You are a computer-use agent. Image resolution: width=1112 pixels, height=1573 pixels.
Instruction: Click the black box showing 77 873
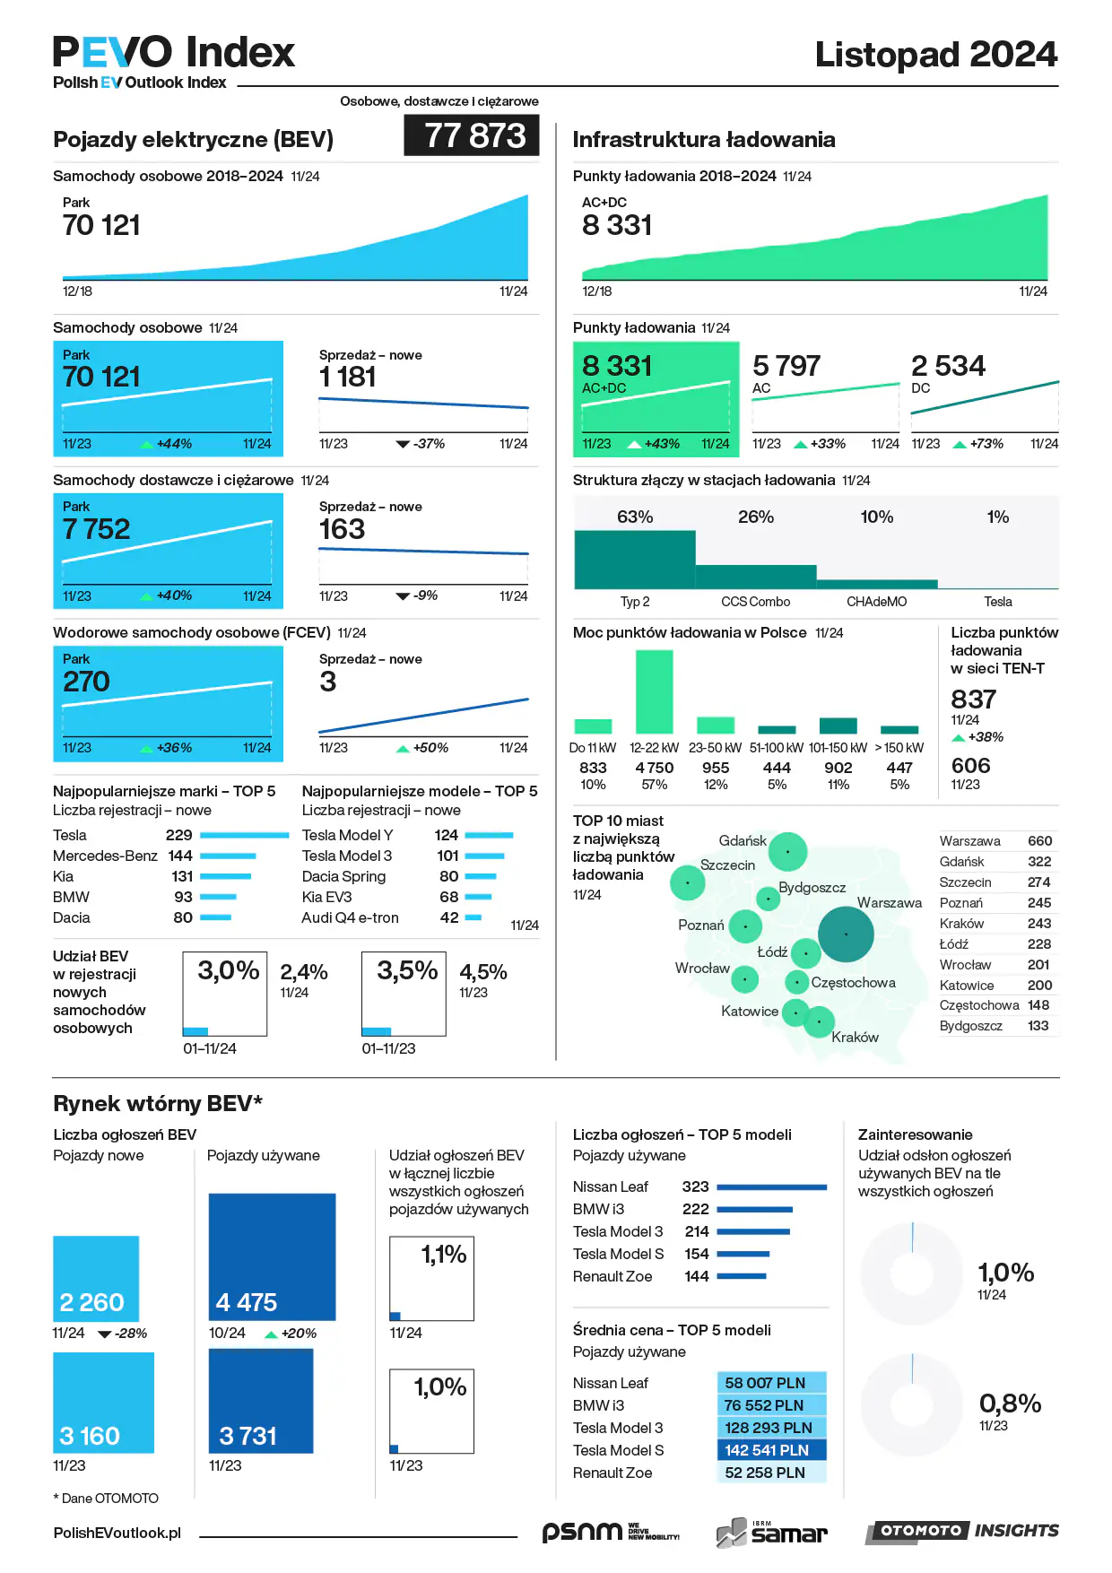coord(472,136)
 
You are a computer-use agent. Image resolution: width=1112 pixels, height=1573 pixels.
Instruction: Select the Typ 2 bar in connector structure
coord(635,560)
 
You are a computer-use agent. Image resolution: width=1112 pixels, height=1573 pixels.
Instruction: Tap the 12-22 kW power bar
coord(654,691)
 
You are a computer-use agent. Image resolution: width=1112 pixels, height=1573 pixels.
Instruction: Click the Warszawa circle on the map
coord(846,934)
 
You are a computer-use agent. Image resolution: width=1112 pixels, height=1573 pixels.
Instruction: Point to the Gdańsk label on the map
coord(743,841)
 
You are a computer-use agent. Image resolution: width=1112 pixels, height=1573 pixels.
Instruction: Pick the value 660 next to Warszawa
coord(1039,841)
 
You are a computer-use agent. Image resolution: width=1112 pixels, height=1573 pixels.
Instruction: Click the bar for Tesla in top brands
coord(244,835)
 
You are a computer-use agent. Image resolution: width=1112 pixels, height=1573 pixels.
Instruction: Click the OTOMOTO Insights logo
coord(961,1531)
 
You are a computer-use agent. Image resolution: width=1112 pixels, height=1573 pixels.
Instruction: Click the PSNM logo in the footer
coord(610,1532)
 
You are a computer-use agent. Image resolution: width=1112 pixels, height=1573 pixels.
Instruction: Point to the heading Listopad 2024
coord(935,55)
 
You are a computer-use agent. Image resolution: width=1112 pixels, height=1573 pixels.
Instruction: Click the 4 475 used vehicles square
coord(272,1256)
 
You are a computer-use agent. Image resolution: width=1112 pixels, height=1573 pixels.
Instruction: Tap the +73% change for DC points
coord(986,444)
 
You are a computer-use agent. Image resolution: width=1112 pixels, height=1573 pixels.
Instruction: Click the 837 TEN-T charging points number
coord(973,700)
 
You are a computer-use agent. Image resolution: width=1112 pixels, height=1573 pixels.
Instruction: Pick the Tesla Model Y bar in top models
coord(489,835)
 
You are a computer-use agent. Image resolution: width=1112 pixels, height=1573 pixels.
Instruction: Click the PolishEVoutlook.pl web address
coord(117,1533)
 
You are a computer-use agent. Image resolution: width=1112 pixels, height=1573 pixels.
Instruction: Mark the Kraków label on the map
coord(855,1038)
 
